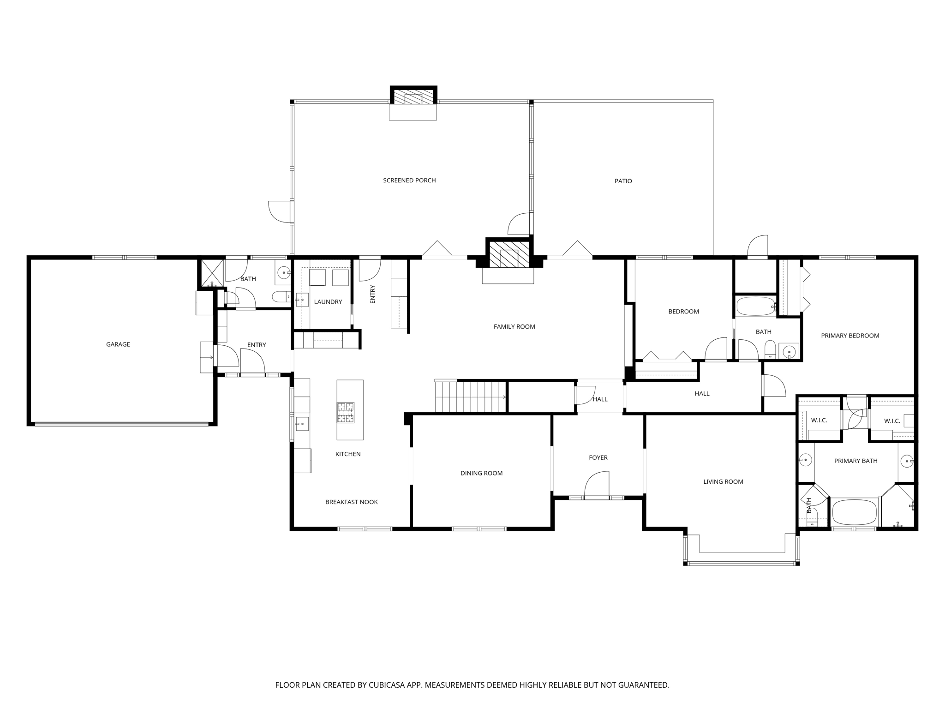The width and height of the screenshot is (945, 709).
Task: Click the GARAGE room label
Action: [x=118, y=344]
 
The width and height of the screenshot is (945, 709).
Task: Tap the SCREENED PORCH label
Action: [x=409, y=180]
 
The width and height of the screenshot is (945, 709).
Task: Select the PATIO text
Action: [x=623, y=181]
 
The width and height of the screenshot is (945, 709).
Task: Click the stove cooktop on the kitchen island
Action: [x=346, y=412]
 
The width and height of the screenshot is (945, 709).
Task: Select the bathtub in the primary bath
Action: [x=854, y=512]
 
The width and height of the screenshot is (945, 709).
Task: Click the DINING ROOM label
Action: [x=481, y=473]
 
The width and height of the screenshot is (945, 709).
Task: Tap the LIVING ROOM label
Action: [x=723, y=481]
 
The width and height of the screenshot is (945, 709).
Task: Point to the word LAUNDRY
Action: [x=328, y=302]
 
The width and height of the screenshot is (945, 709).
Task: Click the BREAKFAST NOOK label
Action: [x=351, y=502]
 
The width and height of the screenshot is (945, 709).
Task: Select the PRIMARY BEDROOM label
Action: [x=850, y=336]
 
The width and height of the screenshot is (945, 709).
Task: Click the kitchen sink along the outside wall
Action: [x=302, y=423]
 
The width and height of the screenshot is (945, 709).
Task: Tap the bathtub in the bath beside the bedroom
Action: [x=755, y=306]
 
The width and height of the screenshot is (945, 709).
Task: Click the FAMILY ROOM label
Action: [x=514, y=327]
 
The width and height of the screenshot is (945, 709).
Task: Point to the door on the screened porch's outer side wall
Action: [x=280, y=212]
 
